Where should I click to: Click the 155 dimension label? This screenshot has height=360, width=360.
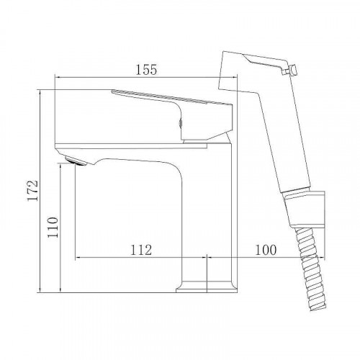pos(146,70)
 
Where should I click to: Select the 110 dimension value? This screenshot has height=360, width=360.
pos(53,228)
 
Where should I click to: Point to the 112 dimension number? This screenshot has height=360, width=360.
pos(141,250)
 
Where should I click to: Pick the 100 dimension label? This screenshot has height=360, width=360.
pos(266,250)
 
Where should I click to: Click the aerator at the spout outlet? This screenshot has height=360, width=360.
pos(76,161)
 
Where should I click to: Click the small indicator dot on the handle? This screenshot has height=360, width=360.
pos(181,123)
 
